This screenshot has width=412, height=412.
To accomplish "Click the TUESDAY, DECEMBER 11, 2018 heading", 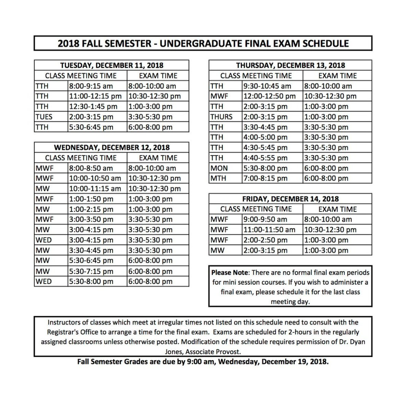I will click(x=111, y=65).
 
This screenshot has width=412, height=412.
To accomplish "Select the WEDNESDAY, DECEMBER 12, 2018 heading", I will click(x=111, y=147).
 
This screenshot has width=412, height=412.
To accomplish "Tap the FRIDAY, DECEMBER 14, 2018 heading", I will click(x=290, y=199).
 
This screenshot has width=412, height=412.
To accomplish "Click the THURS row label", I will click(x=221, y=117).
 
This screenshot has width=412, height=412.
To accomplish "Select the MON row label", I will click(x=219, y=168).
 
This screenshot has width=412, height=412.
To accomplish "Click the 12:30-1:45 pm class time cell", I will click(x=93, y=107).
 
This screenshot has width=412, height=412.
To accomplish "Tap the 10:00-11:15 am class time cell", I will click(x=95, y=188).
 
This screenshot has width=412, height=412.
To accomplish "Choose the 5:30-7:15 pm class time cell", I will click(x=91, y=271).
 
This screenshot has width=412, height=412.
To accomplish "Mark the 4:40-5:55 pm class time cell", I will click(x=266, y=158).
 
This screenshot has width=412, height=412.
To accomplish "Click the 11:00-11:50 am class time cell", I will click(x=269, y=230).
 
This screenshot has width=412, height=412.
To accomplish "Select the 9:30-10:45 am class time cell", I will click(x=267, y=86).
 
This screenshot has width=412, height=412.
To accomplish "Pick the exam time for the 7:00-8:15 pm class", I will click(x=326, y=178).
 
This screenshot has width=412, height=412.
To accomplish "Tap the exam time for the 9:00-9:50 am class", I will click(x=328, y=219).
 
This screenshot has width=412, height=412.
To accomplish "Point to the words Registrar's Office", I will click(x=73, y=332).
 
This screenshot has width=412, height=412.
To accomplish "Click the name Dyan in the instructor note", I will click(x=356, y=342).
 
